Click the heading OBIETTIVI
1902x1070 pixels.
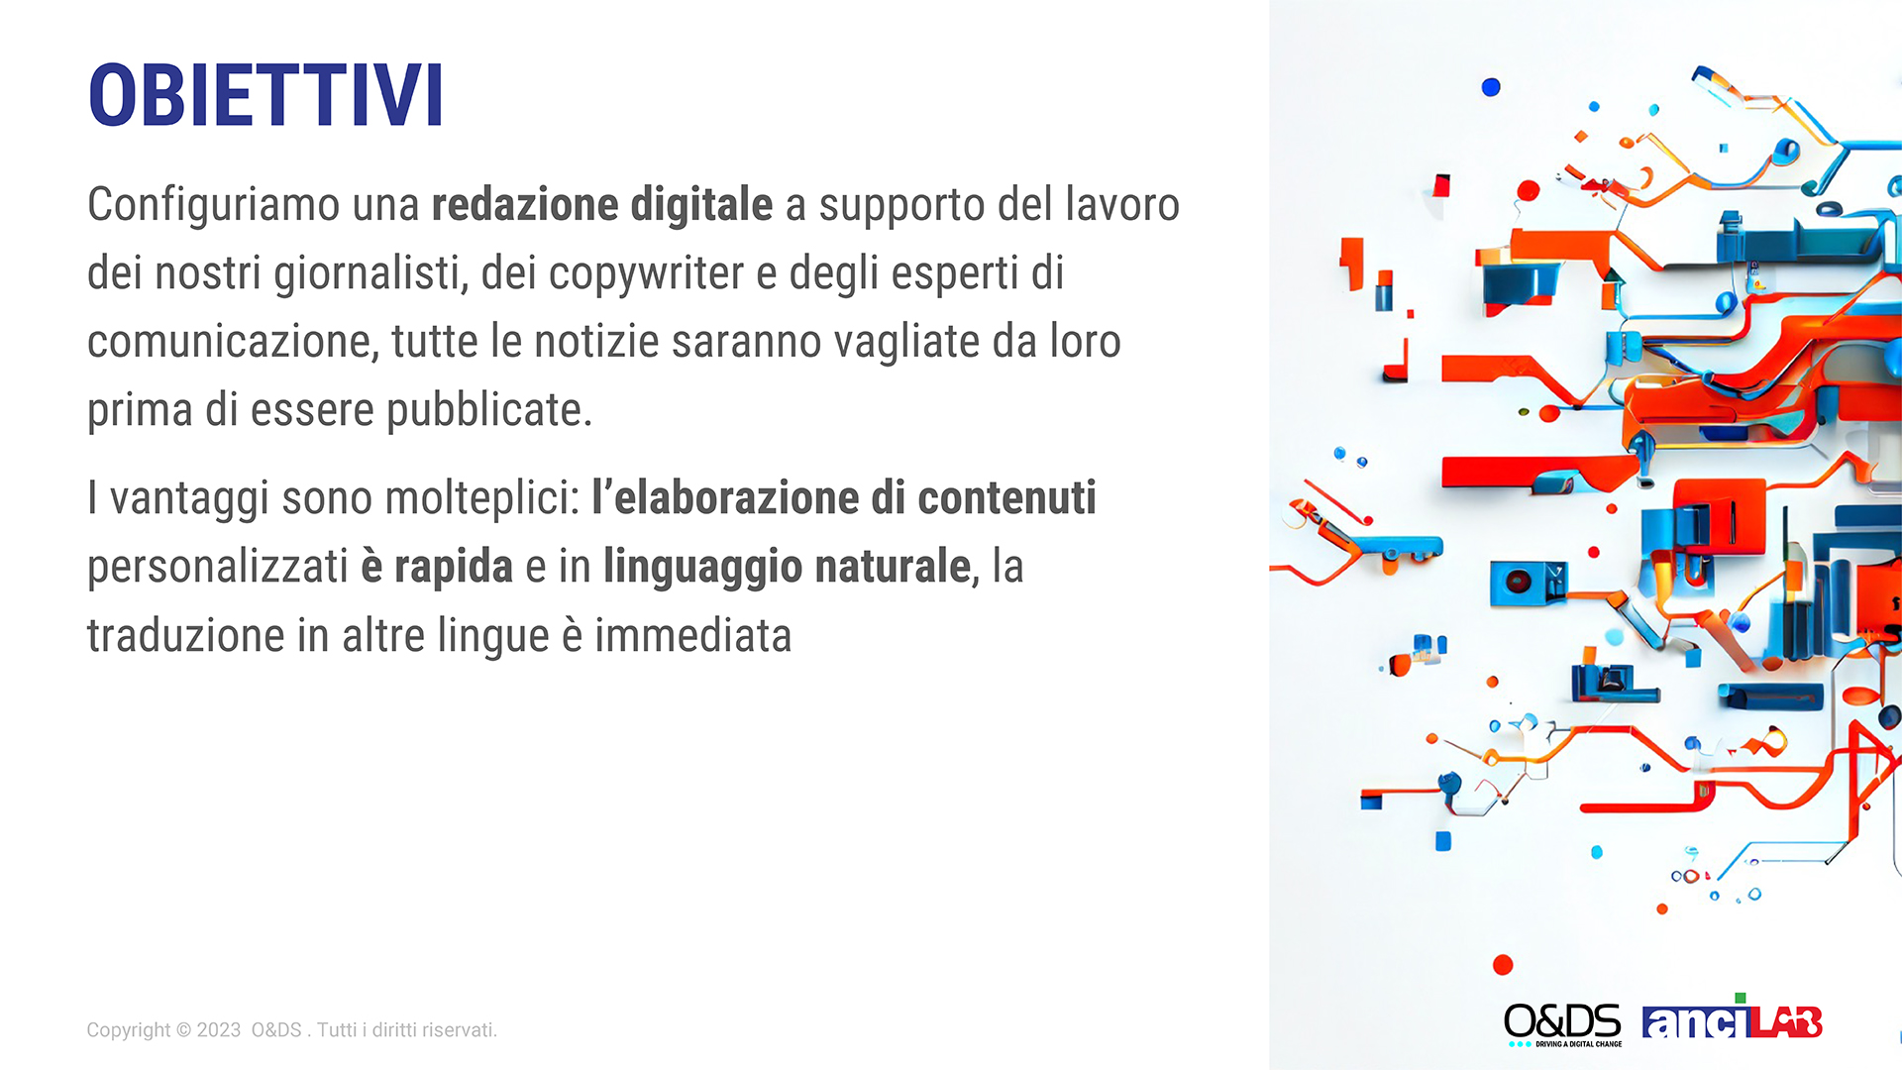click(x=265, y=95)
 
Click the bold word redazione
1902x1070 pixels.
click(x=525, y=204)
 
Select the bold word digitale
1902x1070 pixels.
click(x=701, y=206)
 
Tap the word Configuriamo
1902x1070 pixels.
click(x=213, y=206)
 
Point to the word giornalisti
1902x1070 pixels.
click(x=370, y=274)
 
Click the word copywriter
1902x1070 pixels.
click(x=646, y=274)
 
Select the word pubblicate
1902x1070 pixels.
click(x=488, y=410)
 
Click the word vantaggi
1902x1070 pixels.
click(x=189, y=499)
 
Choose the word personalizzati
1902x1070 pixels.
click(x=218, y=568)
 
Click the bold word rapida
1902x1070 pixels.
click(x=454, y=568)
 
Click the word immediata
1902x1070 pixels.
click(x=692, y=636)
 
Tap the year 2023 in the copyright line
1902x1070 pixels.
click(x=219, y=1030)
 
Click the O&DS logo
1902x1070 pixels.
click(x=1562, y=1024)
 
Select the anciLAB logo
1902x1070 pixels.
click(x=1732, y=1018)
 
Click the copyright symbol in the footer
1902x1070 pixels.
click(x=183, y=1030)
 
